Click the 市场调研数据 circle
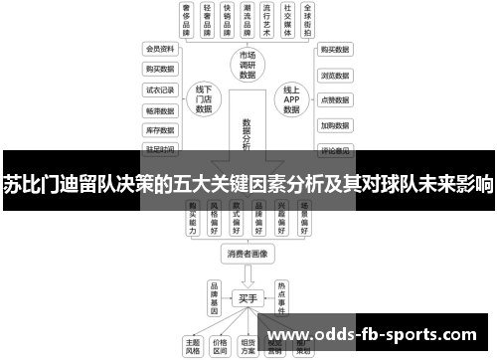[248, 64]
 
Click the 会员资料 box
[159, 48]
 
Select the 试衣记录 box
[159, 89]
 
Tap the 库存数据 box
[159, 129]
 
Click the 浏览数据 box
[334, 75]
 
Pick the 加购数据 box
[334, 126]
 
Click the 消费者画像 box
[247, 254]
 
